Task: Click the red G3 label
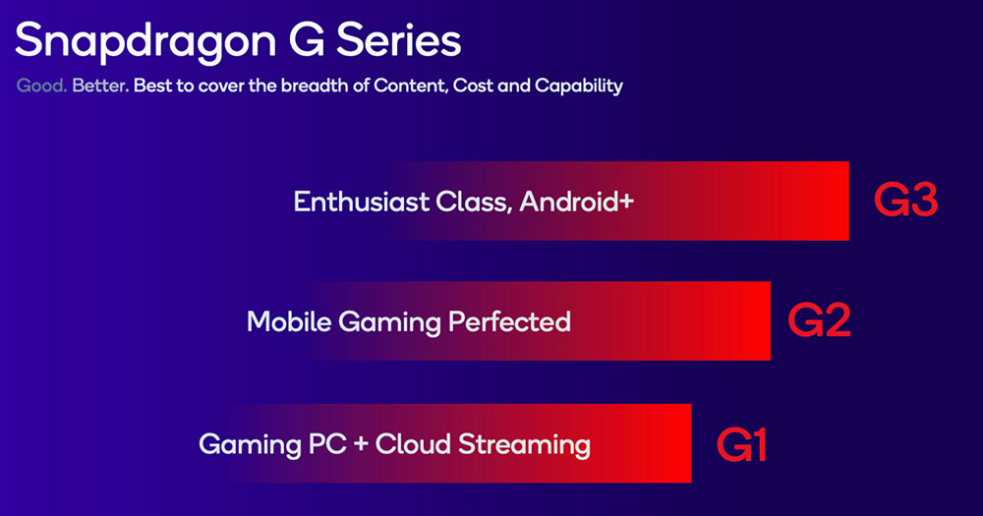(905, 201)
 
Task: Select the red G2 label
(819, 321)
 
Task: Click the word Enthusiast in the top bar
(361, 201)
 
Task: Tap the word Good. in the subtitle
(41, 86)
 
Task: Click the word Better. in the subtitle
(100, 86)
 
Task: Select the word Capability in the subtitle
(579, 86)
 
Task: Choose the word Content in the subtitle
(410, 86)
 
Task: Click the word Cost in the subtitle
(475, 86)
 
